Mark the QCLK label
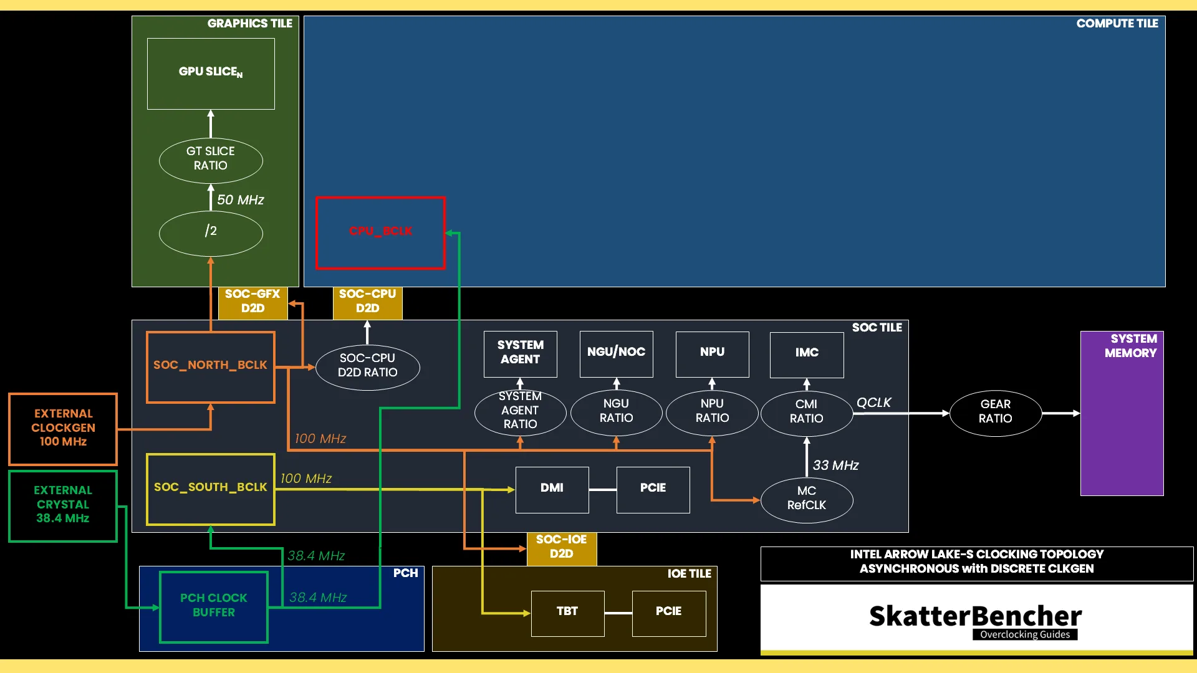874,403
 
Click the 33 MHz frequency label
835,465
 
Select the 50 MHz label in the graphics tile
241,200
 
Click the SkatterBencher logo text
976,616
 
